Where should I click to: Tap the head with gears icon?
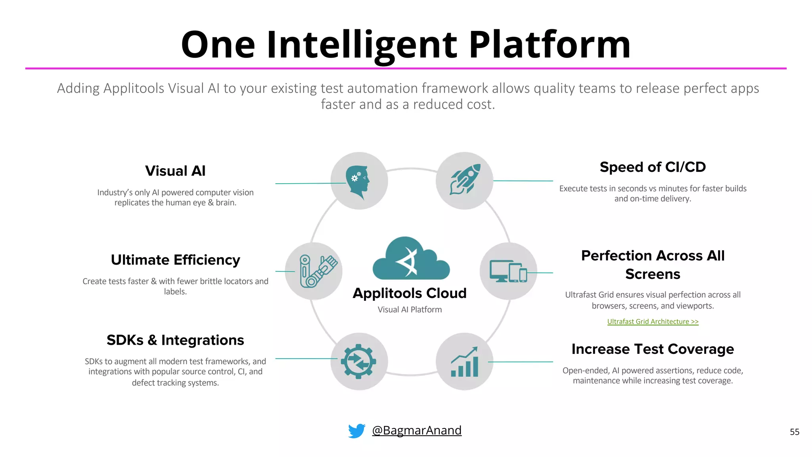pos(358,181)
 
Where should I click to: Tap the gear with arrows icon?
pos(359,361)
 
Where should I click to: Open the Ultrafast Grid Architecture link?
pos(653,322)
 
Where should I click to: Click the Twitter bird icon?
pos(356,431)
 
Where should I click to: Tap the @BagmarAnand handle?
pos(417,430)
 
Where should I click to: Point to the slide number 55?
pos(795,432)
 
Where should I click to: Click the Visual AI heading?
pos(175,171)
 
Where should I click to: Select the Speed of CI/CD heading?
pos(653,167)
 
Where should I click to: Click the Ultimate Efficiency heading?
pos(175,260)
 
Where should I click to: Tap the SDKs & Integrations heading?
pos(175,340)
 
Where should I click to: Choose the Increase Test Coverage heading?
pos(653,349)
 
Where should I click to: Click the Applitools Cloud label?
pos(410,293)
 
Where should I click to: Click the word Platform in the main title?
pos(550,44)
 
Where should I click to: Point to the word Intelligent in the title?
pos(362,44)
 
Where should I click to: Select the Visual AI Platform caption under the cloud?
pos(410,310)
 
